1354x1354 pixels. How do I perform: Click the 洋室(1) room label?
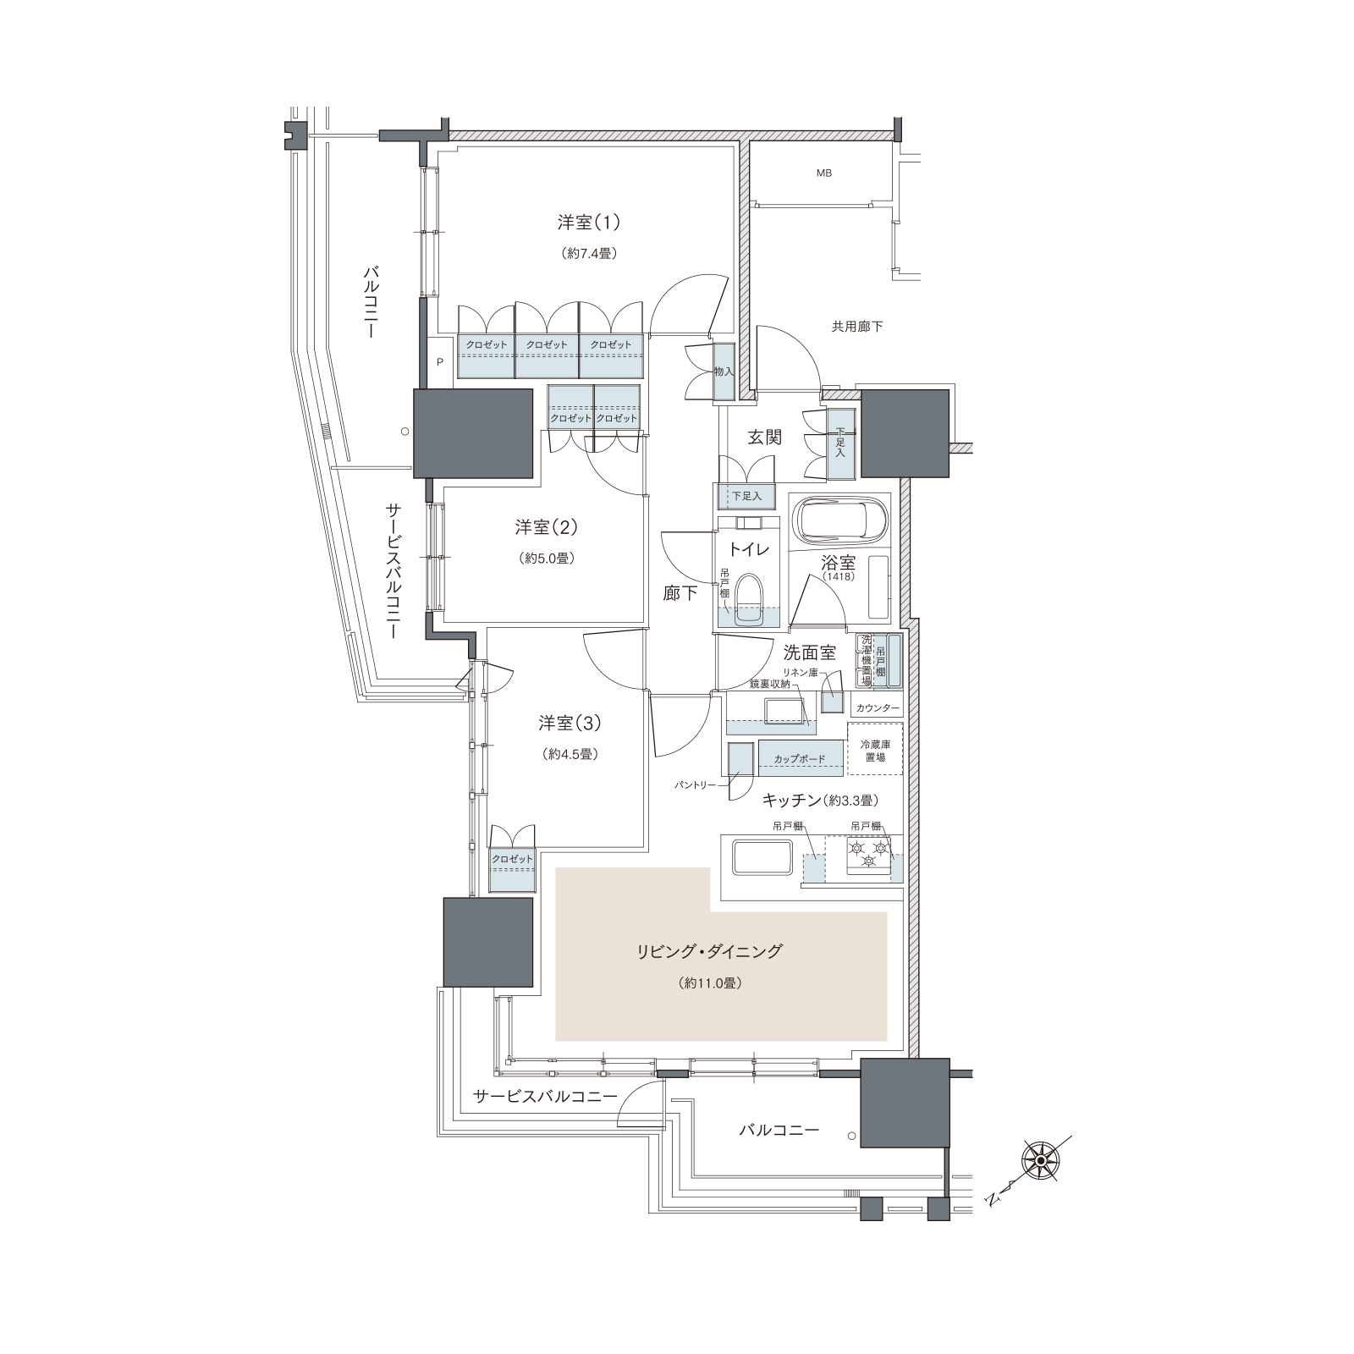589,223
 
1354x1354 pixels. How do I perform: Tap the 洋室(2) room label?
547,527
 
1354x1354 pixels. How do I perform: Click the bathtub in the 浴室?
839,518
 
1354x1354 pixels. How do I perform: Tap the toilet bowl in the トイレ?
748,597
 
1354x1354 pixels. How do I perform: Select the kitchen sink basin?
762,859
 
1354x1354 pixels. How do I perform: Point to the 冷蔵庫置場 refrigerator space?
875,750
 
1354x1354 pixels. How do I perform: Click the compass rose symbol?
1040,1161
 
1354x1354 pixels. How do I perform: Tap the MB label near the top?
823,173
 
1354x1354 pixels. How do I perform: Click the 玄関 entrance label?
764,438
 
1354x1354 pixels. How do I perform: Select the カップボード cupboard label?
799,759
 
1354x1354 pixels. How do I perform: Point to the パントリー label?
695,785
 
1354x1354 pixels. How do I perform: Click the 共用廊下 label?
857,326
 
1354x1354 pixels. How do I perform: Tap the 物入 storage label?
724,372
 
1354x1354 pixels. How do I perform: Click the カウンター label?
877,707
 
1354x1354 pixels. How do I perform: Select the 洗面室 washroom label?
810,652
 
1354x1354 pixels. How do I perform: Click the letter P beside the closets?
440,361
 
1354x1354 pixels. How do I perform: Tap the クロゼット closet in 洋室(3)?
513,869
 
